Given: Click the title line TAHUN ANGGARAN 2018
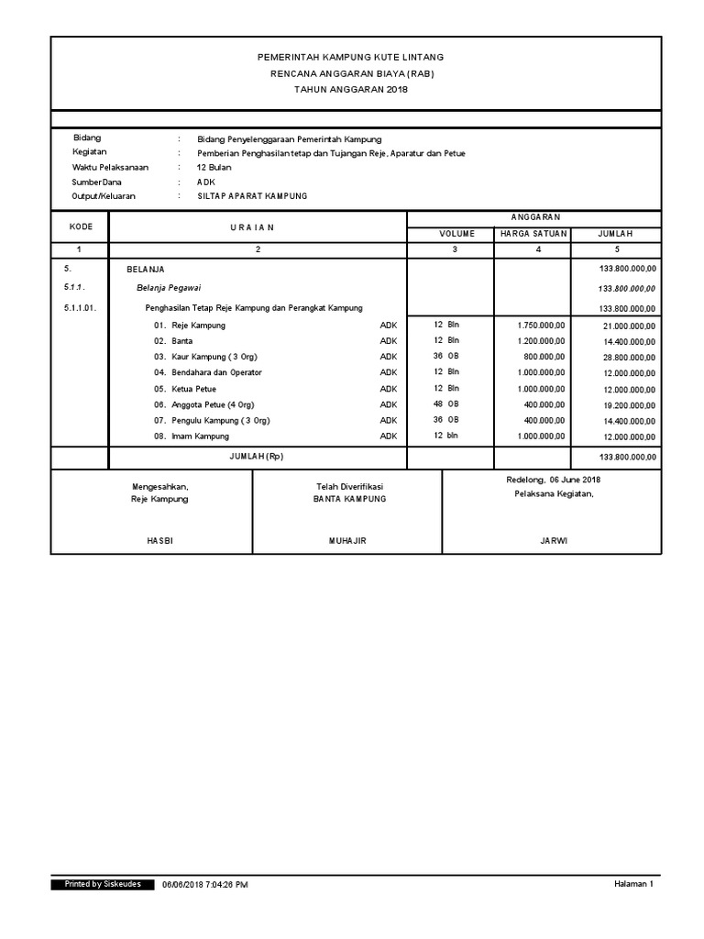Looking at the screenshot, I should [351, 89].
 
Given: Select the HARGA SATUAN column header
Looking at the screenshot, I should [533, 234].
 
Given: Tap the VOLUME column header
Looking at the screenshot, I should [455, 234].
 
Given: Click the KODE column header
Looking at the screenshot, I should [79, 226].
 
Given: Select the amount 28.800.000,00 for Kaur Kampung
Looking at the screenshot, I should [629, 357].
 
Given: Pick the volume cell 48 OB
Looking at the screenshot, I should [445, 403].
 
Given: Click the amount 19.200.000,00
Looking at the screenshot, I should [629, 404].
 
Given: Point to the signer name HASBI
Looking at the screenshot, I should [159, 541].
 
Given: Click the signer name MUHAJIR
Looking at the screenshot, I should [347, 541].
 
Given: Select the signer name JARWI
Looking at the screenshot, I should [554, 541].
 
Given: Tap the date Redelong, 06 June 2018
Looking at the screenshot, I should [553, 480].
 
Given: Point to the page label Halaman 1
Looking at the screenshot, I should [633, 884].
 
